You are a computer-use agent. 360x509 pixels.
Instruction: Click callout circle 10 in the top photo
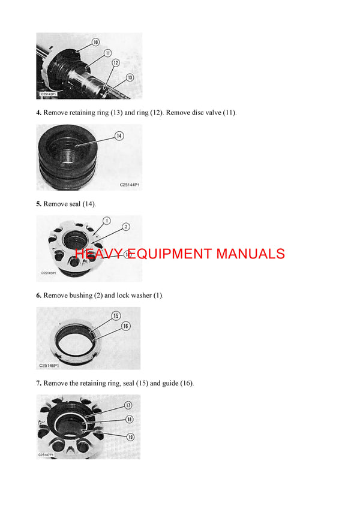click(x=95, y=43)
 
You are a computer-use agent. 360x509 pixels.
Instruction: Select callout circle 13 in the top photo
click(x=130, y=77)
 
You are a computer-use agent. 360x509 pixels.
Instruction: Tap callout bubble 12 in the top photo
click(x=116, y=62)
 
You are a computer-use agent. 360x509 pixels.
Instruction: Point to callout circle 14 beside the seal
click(x=119, y=136)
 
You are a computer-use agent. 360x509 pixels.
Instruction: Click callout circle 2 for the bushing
click(x=126, y=227)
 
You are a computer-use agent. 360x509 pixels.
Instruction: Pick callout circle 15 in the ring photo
click(x=116, y=315)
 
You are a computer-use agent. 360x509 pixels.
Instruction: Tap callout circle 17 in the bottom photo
click(x=128, y=406)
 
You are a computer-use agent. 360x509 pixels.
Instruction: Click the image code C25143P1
click(x=49, y=94)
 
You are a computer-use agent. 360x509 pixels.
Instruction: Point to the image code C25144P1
click(x=129, y=185)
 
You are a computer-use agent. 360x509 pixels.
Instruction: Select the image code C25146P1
click(x=49, y=365)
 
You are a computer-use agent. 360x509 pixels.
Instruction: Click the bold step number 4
click(x=38, y=113)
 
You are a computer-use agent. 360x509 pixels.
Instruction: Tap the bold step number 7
click(x=38, y=383)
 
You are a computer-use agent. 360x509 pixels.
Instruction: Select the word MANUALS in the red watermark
click(x=250, y=254)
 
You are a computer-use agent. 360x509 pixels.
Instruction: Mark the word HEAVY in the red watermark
click(x=98, y=254)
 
